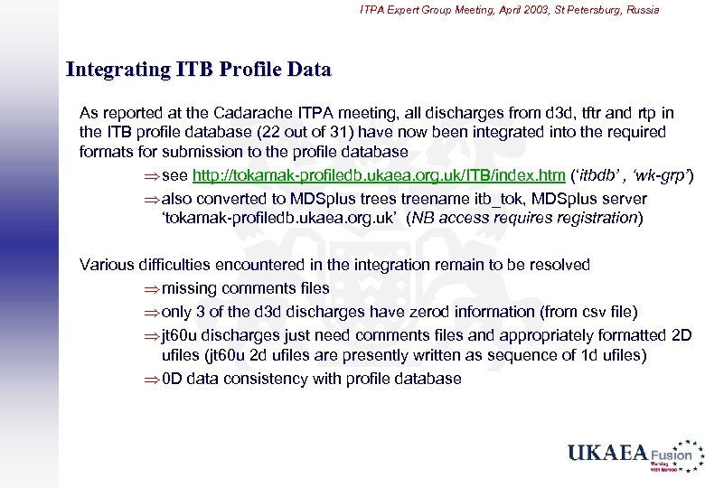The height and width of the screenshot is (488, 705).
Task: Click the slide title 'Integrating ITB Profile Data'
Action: tap(199, 69)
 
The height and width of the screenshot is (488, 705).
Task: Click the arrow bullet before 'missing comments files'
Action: tap(150, 288)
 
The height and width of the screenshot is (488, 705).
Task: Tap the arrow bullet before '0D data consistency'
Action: tap(150, 379)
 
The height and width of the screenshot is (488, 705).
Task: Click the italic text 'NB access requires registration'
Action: tap(524, 218)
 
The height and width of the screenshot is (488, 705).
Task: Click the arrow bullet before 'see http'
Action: tap(150, 174)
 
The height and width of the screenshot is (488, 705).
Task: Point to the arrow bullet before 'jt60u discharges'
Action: tap(150, 335)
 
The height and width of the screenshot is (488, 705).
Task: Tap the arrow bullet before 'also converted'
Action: tap(150, 198)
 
